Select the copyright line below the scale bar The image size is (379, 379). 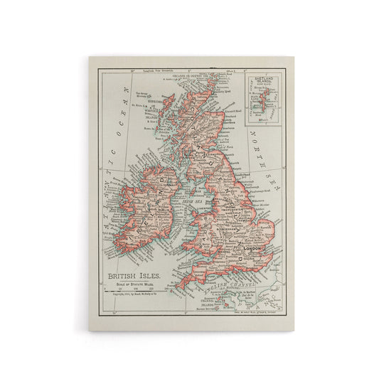(x=132, y=293)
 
